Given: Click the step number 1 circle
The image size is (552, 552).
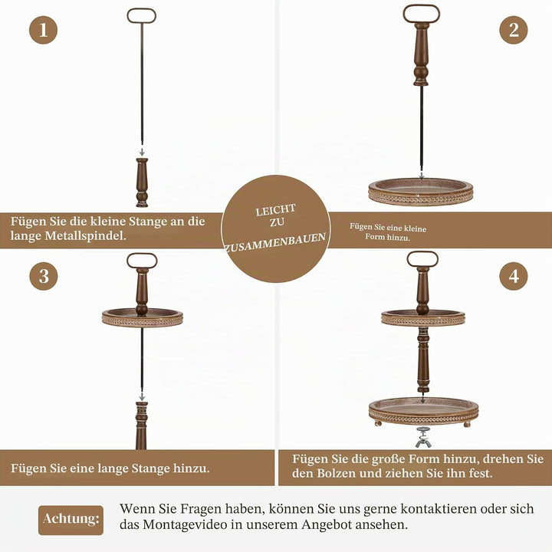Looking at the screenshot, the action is click(x=43, y=30).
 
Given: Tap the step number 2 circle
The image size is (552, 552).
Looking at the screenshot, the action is click(x=513, y=30).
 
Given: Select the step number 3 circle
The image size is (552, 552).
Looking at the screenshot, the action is click(x=44, y=276).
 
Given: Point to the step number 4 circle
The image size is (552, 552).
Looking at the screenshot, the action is click(x=513, y=276).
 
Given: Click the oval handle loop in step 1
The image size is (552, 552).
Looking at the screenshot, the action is click(x=142, y=9).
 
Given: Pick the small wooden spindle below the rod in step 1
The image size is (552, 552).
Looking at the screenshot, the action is click(x=142, y=182).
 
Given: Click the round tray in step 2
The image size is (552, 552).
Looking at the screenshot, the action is click(x=421, y=192).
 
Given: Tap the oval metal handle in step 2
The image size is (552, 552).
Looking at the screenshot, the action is click(x=422, y=6).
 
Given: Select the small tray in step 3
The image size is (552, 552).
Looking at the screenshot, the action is click(x=143, y=317).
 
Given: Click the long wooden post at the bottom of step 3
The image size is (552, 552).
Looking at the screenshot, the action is click(x=142, y=426).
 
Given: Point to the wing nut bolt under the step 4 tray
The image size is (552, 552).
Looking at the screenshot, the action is click(x=422, y=437).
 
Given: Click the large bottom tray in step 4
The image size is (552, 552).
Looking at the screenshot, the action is click(x=423, y=412).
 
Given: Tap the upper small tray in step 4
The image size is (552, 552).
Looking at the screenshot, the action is click(x=423, y=318).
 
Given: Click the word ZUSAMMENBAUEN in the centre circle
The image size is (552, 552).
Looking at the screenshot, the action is click(x=275, y=242).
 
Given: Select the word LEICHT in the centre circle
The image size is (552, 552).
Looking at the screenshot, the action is click(x=275, y=210).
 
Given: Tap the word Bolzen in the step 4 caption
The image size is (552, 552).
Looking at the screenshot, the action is click(x=335, y=473).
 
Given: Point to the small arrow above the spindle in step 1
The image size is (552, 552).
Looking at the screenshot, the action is click(x=142, y=151).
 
